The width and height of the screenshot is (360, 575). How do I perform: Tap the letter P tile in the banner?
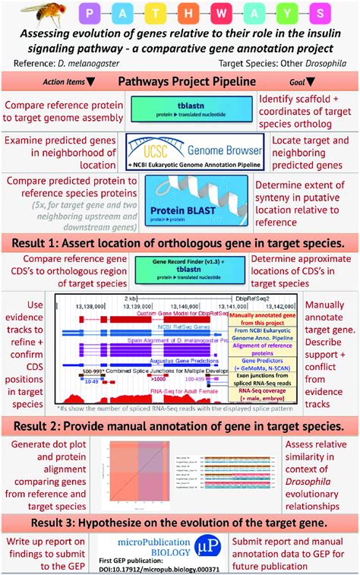90,14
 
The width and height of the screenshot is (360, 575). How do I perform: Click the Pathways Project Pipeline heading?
179,81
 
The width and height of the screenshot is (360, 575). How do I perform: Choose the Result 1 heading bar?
179,243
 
